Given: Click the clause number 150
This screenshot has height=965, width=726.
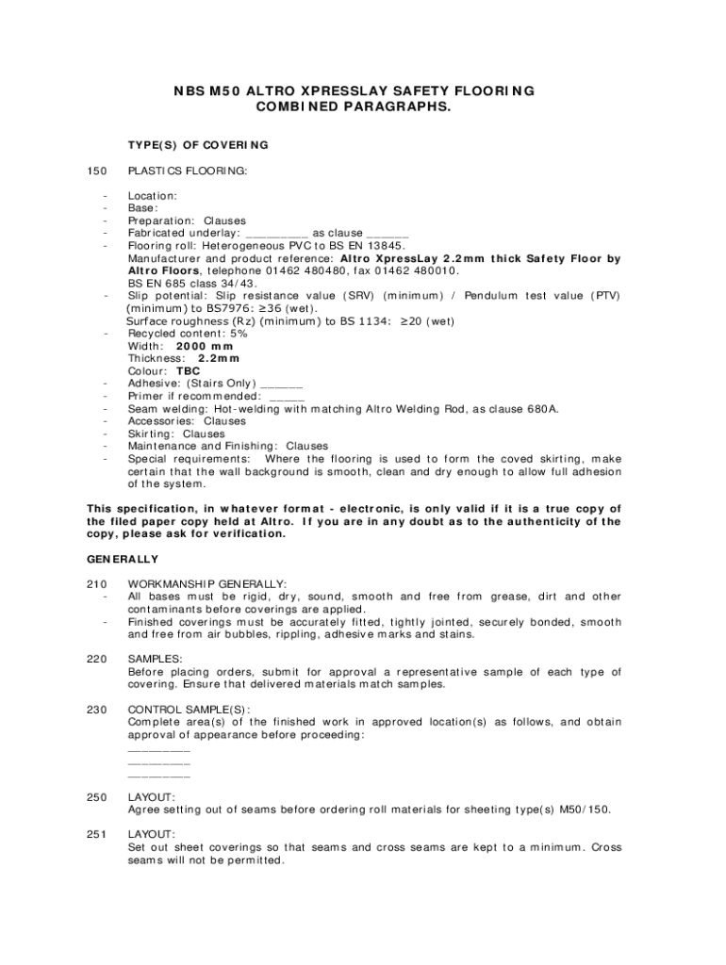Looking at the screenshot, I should click(96, 171).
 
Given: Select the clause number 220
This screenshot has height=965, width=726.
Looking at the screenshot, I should click(96, 660).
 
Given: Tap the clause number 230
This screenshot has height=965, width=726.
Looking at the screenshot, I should click(96, 710).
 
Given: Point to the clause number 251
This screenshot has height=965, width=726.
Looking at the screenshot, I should click(96, 835).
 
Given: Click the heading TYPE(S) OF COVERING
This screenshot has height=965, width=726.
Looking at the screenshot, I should click(198, 145).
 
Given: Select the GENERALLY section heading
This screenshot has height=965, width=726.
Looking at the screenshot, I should click(123, 560).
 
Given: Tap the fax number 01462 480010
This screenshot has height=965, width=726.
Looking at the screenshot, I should click(420, 270).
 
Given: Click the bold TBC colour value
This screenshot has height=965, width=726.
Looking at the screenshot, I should click(189, 371).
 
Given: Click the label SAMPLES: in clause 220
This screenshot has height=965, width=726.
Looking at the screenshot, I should click(156, 660).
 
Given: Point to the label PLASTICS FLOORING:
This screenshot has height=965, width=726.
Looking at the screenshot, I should click(188, 171).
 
